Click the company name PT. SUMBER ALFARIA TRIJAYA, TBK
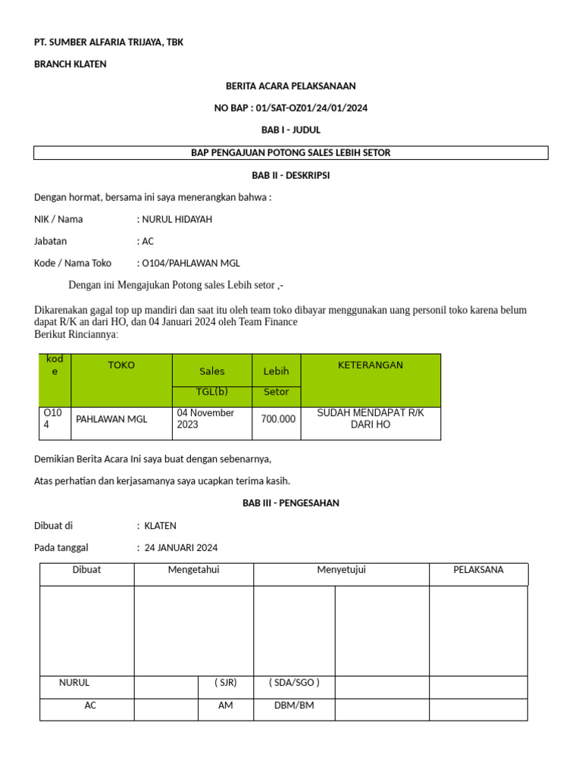108,42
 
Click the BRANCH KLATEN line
70,64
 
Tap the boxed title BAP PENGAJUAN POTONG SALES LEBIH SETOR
290,153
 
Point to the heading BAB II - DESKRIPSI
290,175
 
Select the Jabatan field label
51,242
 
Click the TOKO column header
121,365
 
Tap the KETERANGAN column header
370,365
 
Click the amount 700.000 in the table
278,419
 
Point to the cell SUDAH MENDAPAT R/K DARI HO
371,419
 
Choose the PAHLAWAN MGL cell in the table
112,419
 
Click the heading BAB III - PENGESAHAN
290,503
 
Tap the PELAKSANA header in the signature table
478,571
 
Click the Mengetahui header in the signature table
193,571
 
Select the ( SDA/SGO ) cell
294,683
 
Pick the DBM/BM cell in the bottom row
294,706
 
